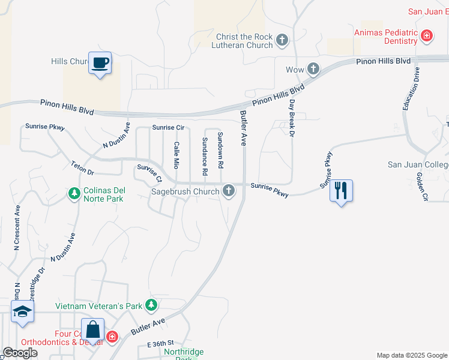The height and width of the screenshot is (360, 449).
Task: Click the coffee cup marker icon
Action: tap(100, 62)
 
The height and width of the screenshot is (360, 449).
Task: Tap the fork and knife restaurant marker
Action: tap(341, 191)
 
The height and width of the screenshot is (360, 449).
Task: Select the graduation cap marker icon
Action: tap(23, 311)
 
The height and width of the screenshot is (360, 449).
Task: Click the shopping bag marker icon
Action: tap(92, 329)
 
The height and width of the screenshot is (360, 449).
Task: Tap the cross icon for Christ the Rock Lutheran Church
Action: tap(282, 41)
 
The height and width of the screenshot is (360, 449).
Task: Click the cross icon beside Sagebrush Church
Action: tap(228, 191)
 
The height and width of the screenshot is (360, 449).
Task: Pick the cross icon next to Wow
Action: tap(312, 70)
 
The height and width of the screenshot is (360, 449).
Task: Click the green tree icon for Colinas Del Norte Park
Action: tap(74, 194)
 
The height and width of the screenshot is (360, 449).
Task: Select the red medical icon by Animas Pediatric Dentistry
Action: tap(427, 36)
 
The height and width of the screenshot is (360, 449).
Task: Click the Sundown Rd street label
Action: tap(220, 150)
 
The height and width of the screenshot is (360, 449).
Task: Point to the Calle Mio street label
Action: tap(176, 155)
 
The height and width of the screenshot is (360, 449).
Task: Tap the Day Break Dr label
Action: tap(292, 118)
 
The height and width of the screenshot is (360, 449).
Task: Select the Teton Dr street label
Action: tap(83, 168)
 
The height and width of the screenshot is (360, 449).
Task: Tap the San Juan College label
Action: tap(418, 165)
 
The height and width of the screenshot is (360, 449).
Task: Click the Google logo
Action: tap(20, 353)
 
